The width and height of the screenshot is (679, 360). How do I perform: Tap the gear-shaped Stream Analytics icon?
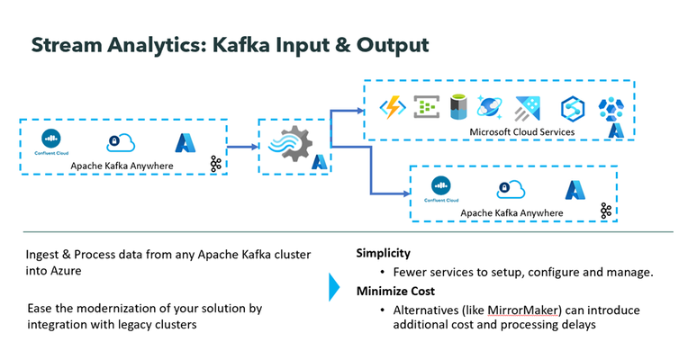coord(290,144)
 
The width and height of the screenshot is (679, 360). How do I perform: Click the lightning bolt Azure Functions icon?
coord(393,107)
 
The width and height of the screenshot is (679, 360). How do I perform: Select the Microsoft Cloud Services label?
coord(521,132)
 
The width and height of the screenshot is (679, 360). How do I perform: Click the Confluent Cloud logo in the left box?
coord(51,141)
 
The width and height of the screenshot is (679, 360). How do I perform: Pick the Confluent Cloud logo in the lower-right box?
coord(441,189)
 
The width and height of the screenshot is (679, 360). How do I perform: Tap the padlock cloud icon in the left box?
coord(121,142)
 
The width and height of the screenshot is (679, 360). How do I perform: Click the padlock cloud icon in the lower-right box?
coord(511,189)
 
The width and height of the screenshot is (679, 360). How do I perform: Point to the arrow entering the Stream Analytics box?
coord(242,147)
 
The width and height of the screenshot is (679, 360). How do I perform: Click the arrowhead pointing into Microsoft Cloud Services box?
coord(360,111)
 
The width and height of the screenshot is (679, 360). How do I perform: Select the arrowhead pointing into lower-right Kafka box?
coord(406,193)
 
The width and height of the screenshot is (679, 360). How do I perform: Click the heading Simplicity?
coord(384,253)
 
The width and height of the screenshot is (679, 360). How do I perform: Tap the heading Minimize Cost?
coord(395,292)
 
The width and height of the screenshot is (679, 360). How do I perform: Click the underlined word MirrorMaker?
coord(522,310)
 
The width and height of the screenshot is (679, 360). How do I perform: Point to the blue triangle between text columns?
coord(334,287)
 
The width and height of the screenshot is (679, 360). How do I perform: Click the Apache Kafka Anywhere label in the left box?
coord(122,166)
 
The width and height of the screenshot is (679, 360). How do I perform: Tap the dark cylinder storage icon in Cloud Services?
coord(457,107)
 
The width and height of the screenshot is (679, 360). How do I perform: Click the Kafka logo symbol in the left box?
coord(215,164)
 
